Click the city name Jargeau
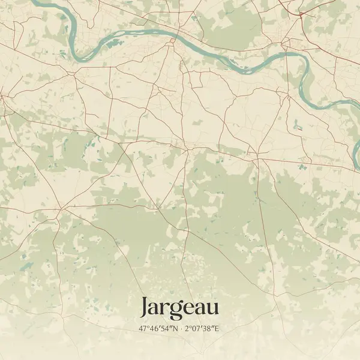pyautogui.click(x=179, y=308)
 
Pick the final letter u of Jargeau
pyautogui.click(x=212, y=308)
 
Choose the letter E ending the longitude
pyautogui.click(x=218, y=329)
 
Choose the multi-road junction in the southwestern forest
pyautogui.click(x=60, y=209)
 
